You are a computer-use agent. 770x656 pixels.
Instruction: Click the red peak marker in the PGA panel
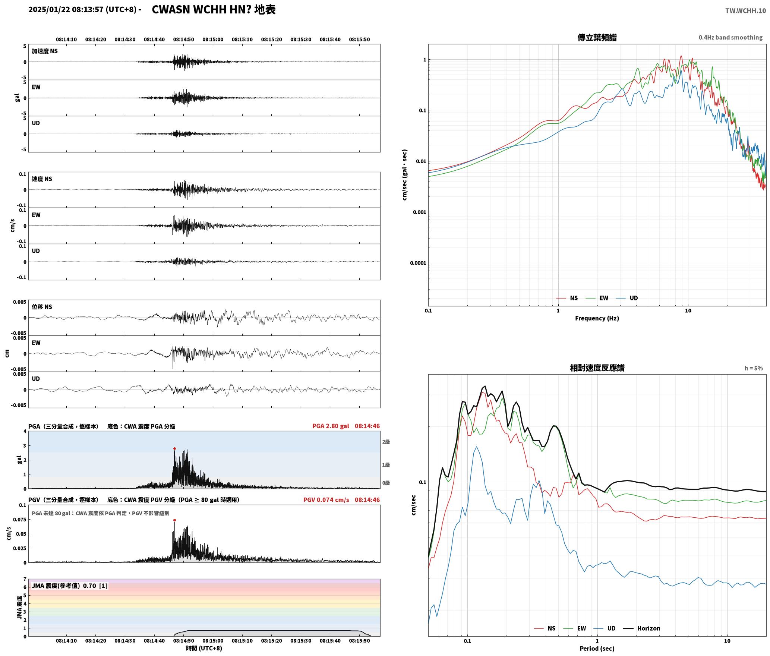tap(174, 449)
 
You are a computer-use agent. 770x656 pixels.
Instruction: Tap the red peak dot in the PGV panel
tap(174, 520)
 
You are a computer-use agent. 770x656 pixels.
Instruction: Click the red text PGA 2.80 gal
tap(331, 426)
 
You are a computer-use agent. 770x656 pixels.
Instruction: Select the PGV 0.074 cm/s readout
tap(326, 500)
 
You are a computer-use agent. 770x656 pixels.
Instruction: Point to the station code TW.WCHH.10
tap(745, 11)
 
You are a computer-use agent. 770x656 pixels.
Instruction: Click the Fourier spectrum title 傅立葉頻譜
tap(597, 38)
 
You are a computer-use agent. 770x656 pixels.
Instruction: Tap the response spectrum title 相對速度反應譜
tap(597, 368)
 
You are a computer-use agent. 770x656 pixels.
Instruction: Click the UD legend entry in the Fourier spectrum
tap(627, 298)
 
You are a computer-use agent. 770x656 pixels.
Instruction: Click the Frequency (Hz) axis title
tap(597, 318)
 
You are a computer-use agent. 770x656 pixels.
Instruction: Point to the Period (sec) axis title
tap(597, 649)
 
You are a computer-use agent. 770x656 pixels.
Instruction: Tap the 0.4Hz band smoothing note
tap(730, 38)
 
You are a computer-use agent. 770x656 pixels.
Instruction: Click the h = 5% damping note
tap(754, 368)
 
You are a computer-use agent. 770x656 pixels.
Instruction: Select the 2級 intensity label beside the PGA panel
tap(386, 442)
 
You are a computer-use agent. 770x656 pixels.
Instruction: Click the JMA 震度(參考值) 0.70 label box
tap(70, 586)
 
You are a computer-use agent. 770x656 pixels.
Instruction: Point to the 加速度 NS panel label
tap(45, 51)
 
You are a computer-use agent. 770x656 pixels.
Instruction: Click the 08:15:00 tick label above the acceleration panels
tap(213, 40)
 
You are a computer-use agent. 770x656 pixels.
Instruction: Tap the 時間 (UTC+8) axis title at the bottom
tap(204, 648)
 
